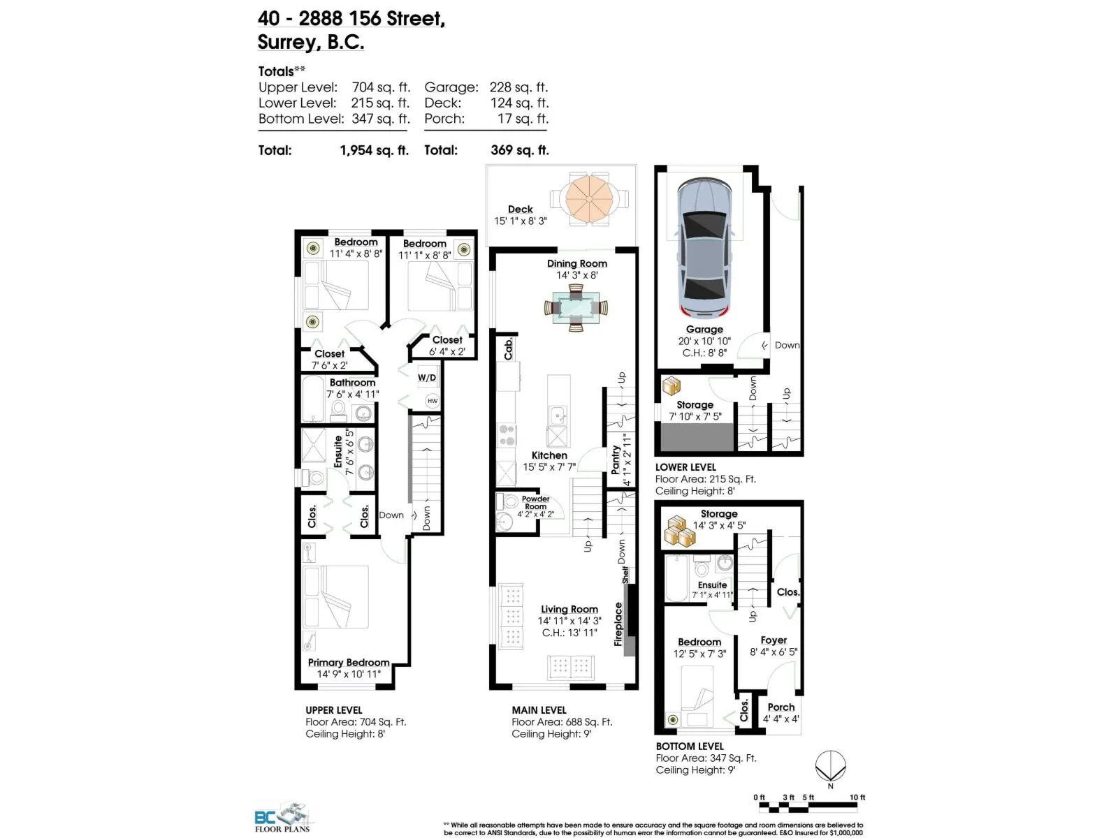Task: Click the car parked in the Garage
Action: click(704, 248)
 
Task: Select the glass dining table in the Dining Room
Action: click(576, 308)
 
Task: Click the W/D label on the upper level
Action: click(427, 378)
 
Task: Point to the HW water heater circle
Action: click(433, 401)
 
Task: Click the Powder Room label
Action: click(535, 503)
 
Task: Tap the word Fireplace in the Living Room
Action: click(618, 624)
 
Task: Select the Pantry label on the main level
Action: click(616, 460)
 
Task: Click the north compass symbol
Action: click(830, 766)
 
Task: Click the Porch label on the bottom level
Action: click(781, 707)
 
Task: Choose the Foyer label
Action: click(774, 640)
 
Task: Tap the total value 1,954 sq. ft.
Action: click(375, 150)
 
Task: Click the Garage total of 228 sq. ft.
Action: click(518, 87)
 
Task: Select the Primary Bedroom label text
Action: click(349, 663)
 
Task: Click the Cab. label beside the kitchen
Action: click(508, 349)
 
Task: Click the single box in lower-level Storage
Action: click(671, 386)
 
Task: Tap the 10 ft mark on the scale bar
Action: click(857, 797)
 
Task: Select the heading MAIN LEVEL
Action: click(539, 710)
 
